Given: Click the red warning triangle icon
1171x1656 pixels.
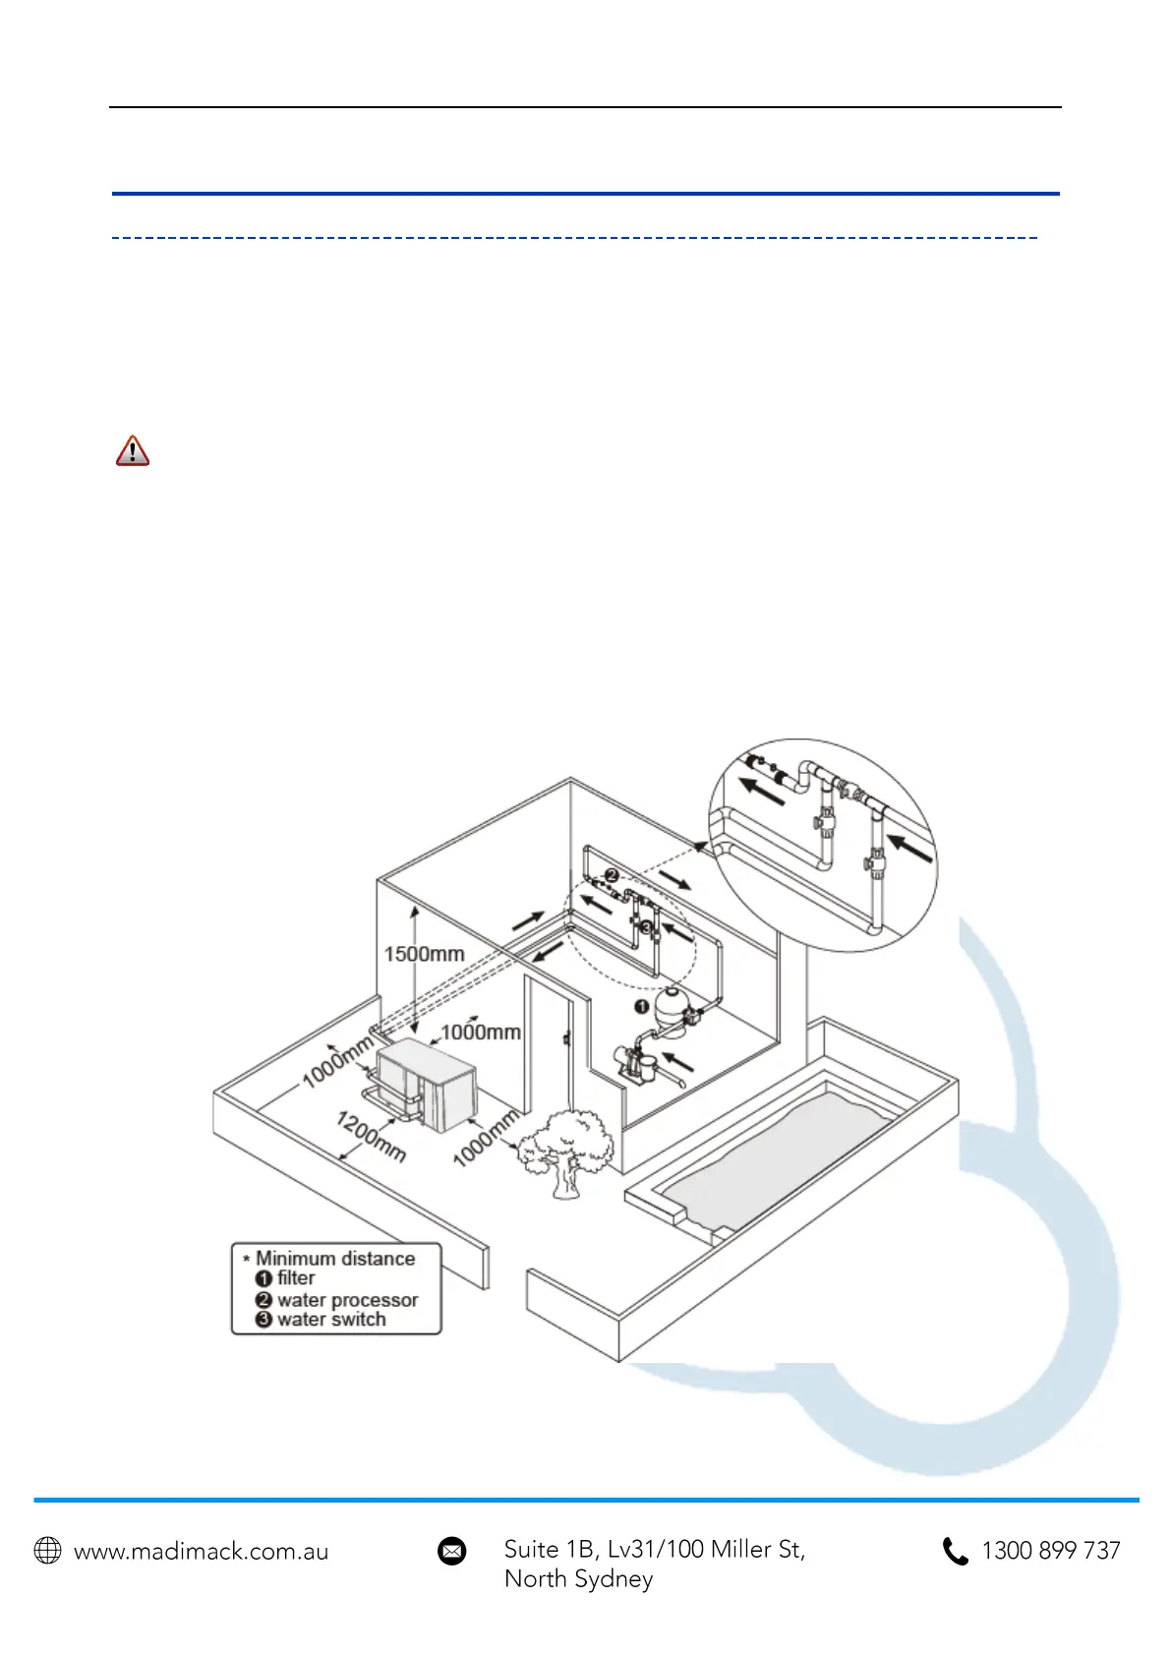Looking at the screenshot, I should tap(133, 450).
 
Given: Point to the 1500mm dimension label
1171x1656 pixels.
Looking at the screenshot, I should tap(424, 953).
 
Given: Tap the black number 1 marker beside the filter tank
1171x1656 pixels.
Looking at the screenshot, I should tap(641, 1006).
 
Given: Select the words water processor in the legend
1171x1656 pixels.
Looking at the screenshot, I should tap(347, 1299).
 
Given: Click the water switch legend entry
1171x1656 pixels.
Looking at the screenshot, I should tap(330, 1320).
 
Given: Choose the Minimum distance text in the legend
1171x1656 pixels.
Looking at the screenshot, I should tap(335, 1258).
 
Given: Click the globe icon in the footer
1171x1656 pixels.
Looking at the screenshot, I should tap(48, 1551).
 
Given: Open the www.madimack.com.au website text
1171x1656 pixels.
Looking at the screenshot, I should tap(202, 1552).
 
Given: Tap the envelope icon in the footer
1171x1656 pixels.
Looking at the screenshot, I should tap(452, 1551).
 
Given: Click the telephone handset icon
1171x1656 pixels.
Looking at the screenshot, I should tap(955, 1551).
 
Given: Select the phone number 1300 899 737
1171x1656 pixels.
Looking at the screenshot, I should tap(1051, 1551).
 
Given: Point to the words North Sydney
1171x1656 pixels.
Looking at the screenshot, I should tap(578, 1579).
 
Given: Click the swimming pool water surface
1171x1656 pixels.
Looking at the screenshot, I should tap(777, 1160).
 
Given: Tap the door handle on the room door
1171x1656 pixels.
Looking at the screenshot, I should tap(566, 1037).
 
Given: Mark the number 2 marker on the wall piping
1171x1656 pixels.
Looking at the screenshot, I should tap(612, 874).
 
